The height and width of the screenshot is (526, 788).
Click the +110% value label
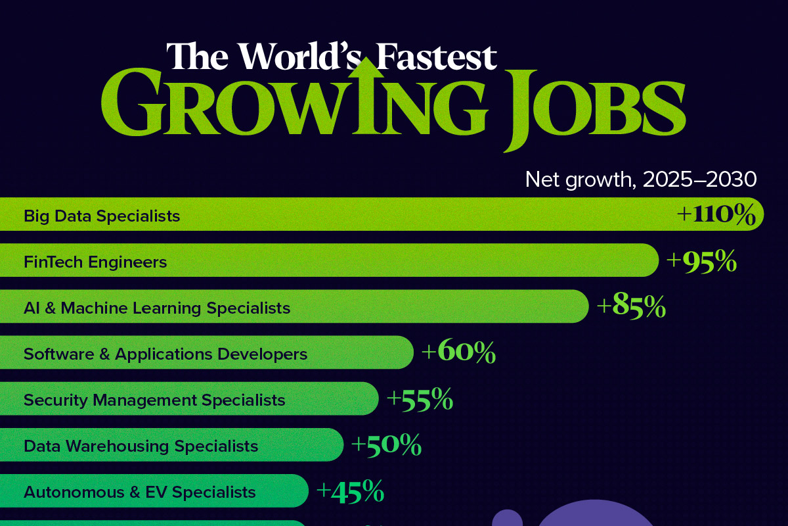[x=716, y=216]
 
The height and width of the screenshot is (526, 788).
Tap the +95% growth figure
[x=701, y=262]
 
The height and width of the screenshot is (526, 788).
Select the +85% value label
[x=631, y=308]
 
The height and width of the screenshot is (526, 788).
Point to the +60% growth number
[x=458, y=354]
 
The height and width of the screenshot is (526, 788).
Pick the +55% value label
[x=420, y=400]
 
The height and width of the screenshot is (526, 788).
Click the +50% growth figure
[x=386, y=446]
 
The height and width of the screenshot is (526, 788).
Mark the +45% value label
[x=350, y=491]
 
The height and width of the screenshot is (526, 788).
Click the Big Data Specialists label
[x=102, y=216]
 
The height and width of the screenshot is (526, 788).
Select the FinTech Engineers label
[x=95, y=262]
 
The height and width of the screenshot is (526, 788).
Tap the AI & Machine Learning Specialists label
[x=157, y=308]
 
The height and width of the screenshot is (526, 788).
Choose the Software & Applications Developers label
[x=165, y=354]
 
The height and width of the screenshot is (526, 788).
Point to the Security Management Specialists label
[x=154, y=400]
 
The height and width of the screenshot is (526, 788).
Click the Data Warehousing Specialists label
[x=141, y=446]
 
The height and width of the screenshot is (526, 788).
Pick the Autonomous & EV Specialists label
[x=139, y=492]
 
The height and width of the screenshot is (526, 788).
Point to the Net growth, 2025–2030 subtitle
[x=641, y=179]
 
